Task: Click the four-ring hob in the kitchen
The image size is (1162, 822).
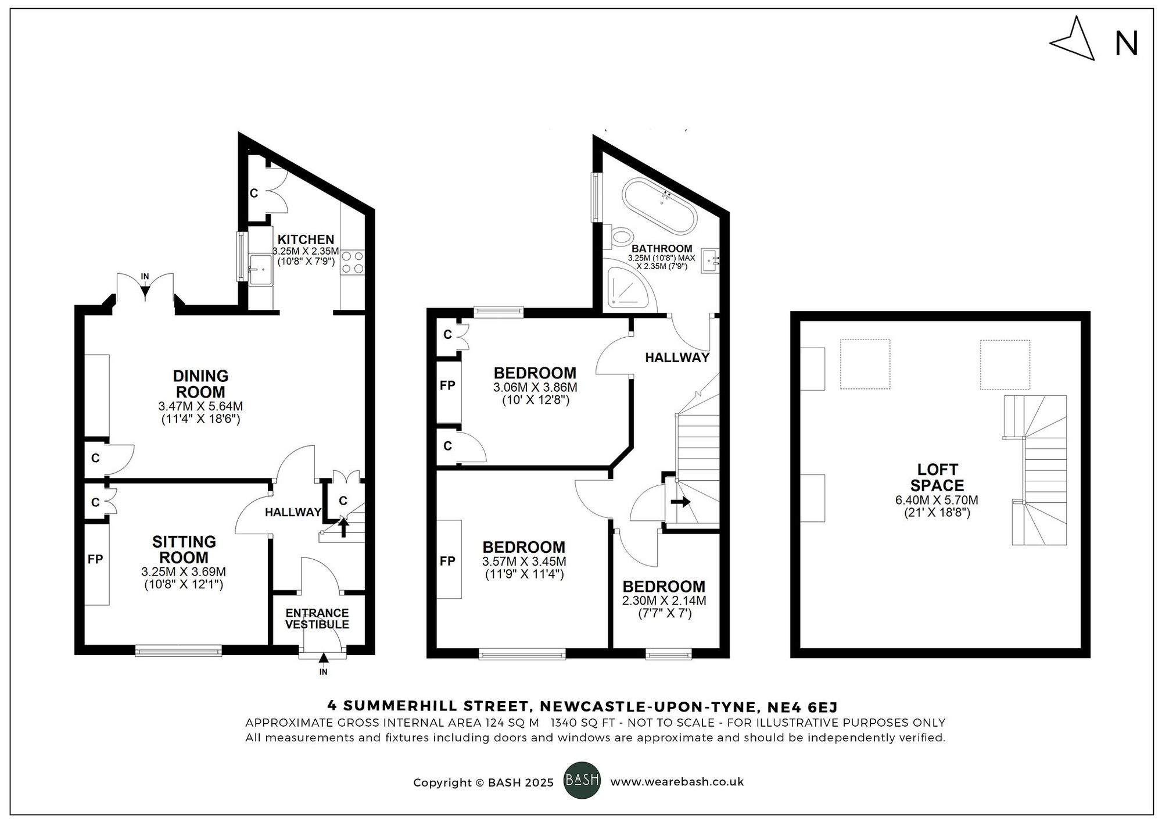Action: pos(353,262)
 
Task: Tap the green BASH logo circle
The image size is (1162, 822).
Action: pos(582,780)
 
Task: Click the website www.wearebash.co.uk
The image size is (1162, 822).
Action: pos(677,782)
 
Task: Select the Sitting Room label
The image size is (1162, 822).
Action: pos(184,549)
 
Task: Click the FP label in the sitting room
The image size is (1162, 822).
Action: pos(95,559)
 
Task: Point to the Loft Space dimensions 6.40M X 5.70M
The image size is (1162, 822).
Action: pos(937,500)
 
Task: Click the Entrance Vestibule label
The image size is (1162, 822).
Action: pos(317,619)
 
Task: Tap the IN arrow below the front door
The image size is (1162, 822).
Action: pos(324,659)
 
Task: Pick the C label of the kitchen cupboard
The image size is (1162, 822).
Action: pos(254,194)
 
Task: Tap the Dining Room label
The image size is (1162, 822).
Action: pos(200,384)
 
